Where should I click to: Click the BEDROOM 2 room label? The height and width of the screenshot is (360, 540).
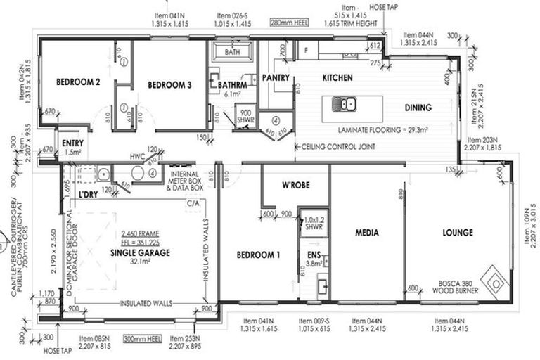tap(78, 82)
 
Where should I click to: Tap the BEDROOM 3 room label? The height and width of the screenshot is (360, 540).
tap(169, 85)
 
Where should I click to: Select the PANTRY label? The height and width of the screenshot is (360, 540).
tap(276, 78)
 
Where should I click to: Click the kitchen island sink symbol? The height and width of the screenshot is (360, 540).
tap(347, 105)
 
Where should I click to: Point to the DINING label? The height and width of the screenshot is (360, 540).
tap(418, 108)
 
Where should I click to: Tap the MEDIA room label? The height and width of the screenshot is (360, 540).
tap(367, 232)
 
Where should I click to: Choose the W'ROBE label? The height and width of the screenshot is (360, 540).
tap(296, 186)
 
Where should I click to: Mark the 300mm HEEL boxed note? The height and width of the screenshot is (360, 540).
tap(142, 338)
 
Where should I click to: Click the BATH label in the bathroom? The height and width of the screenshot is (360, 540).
tap(231, 52)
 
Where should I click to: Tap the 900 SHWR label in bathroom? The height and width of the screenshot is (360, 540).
tap(245, 116)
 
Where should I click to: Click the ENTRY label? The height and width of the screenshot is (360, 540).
tap(73, 143)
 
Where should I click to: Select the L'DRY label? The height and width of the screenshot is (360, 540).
tap(87, 193)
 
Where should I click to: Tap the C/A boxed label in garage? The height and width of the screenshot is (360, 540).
tap(193, 204)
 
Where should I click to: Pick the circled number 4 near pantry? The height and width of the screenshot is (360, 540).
tap(276, 120)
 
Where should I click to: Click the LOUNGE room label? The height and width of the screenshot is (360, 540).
tap(457, 232)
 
